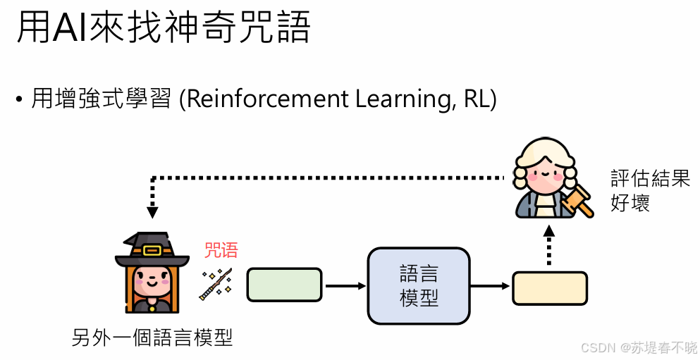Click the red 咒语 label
pyautogui.click(x=221, y=250)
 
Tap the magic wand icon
pyautogui.click(x=216, y=284)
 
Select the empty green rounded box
pyautogui.click(x=284, y=285)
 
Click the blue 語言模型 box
pyautogui.click(x=419, y=285)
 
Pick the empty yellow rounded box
pyautogui.click(x=550, y=287)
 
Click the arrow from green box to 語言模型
pyautogui.click(x=345, y=285)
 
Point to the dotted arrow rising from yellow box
pyautogui.click(x=549, y=247)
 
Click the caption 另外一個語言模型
pyautogui.click(x=152, y=337)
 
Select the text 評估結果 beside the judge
pyautogui.click(x=650, y=178)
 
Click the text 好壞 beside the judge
pyautogui.click(x=630, y=204)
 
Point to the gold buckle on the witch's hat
pyautogui.click(x=152, y=250)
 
